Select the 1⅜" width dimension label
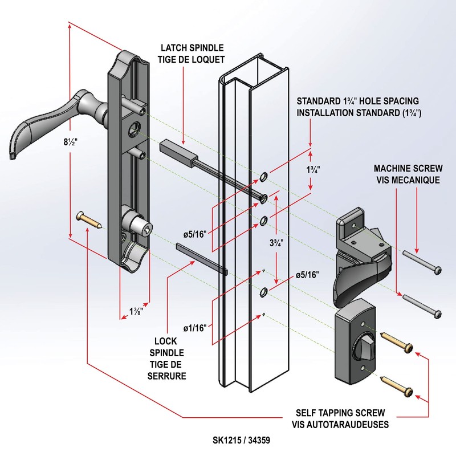click(x=136, y=311)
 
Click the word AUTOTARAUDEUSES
click(x=363, y=425)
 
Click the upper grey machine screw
click(x=422, y=262)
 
